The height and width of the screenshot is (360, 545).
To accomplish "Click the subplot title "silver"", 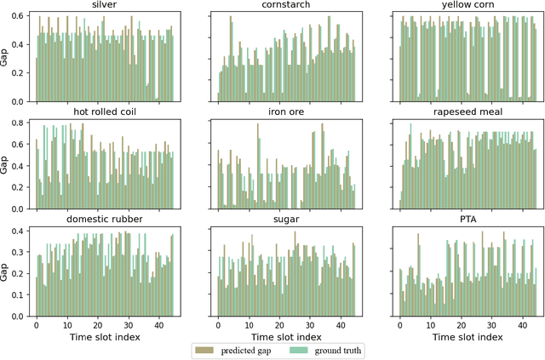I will click(105, 6).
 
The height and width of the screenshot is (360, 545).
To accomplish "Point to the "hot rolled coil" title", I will click(105, 112).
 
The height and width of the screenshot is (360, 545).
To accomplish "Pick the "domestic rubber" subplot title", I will click(105, 219).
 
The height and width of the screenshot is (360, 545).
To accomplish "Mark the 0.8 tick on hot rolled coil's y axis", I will click(21, 123).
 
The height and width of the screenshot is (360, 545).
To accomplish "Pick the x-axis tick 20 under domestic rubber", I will click(97, 325).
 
